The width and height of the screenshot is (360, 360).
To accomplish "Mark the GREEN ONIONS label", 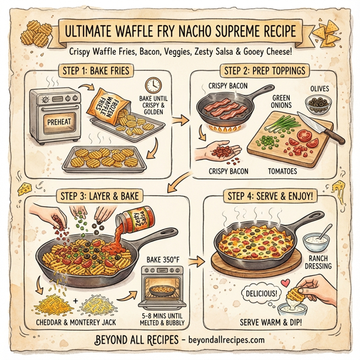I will click(x=281, y=101).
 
